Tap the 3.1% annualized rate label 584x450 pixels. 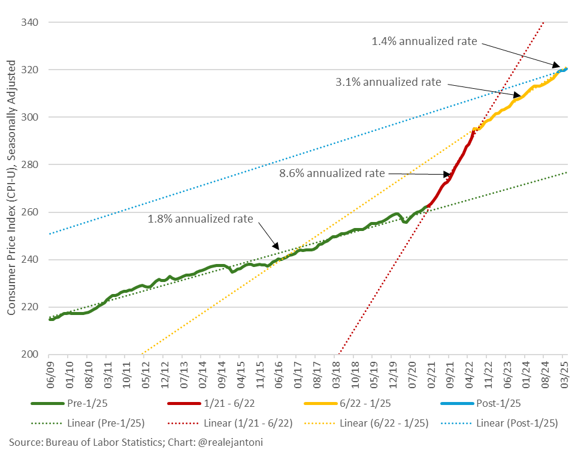(388, 82)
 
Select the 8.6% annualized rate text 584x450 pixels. (332, 173)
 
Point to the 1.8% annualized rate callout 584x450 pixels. (200, 218)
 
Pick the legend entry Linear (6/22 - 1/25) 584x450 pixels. (384, 423)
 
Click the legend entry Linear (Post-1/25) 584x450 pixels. (517, 423)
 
